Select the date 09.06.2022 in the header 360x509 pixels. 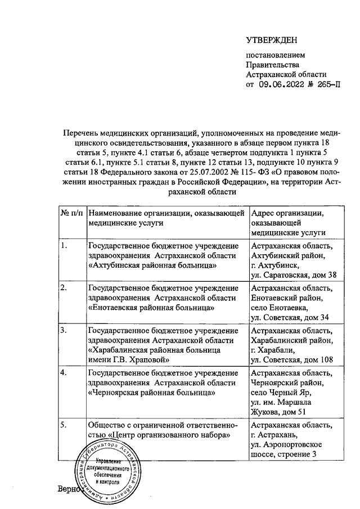tap(281, 84)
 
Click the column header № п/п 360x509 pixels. tap(70, 213)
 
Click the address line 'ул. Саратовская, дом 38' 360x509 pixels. tap(294, 275)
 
